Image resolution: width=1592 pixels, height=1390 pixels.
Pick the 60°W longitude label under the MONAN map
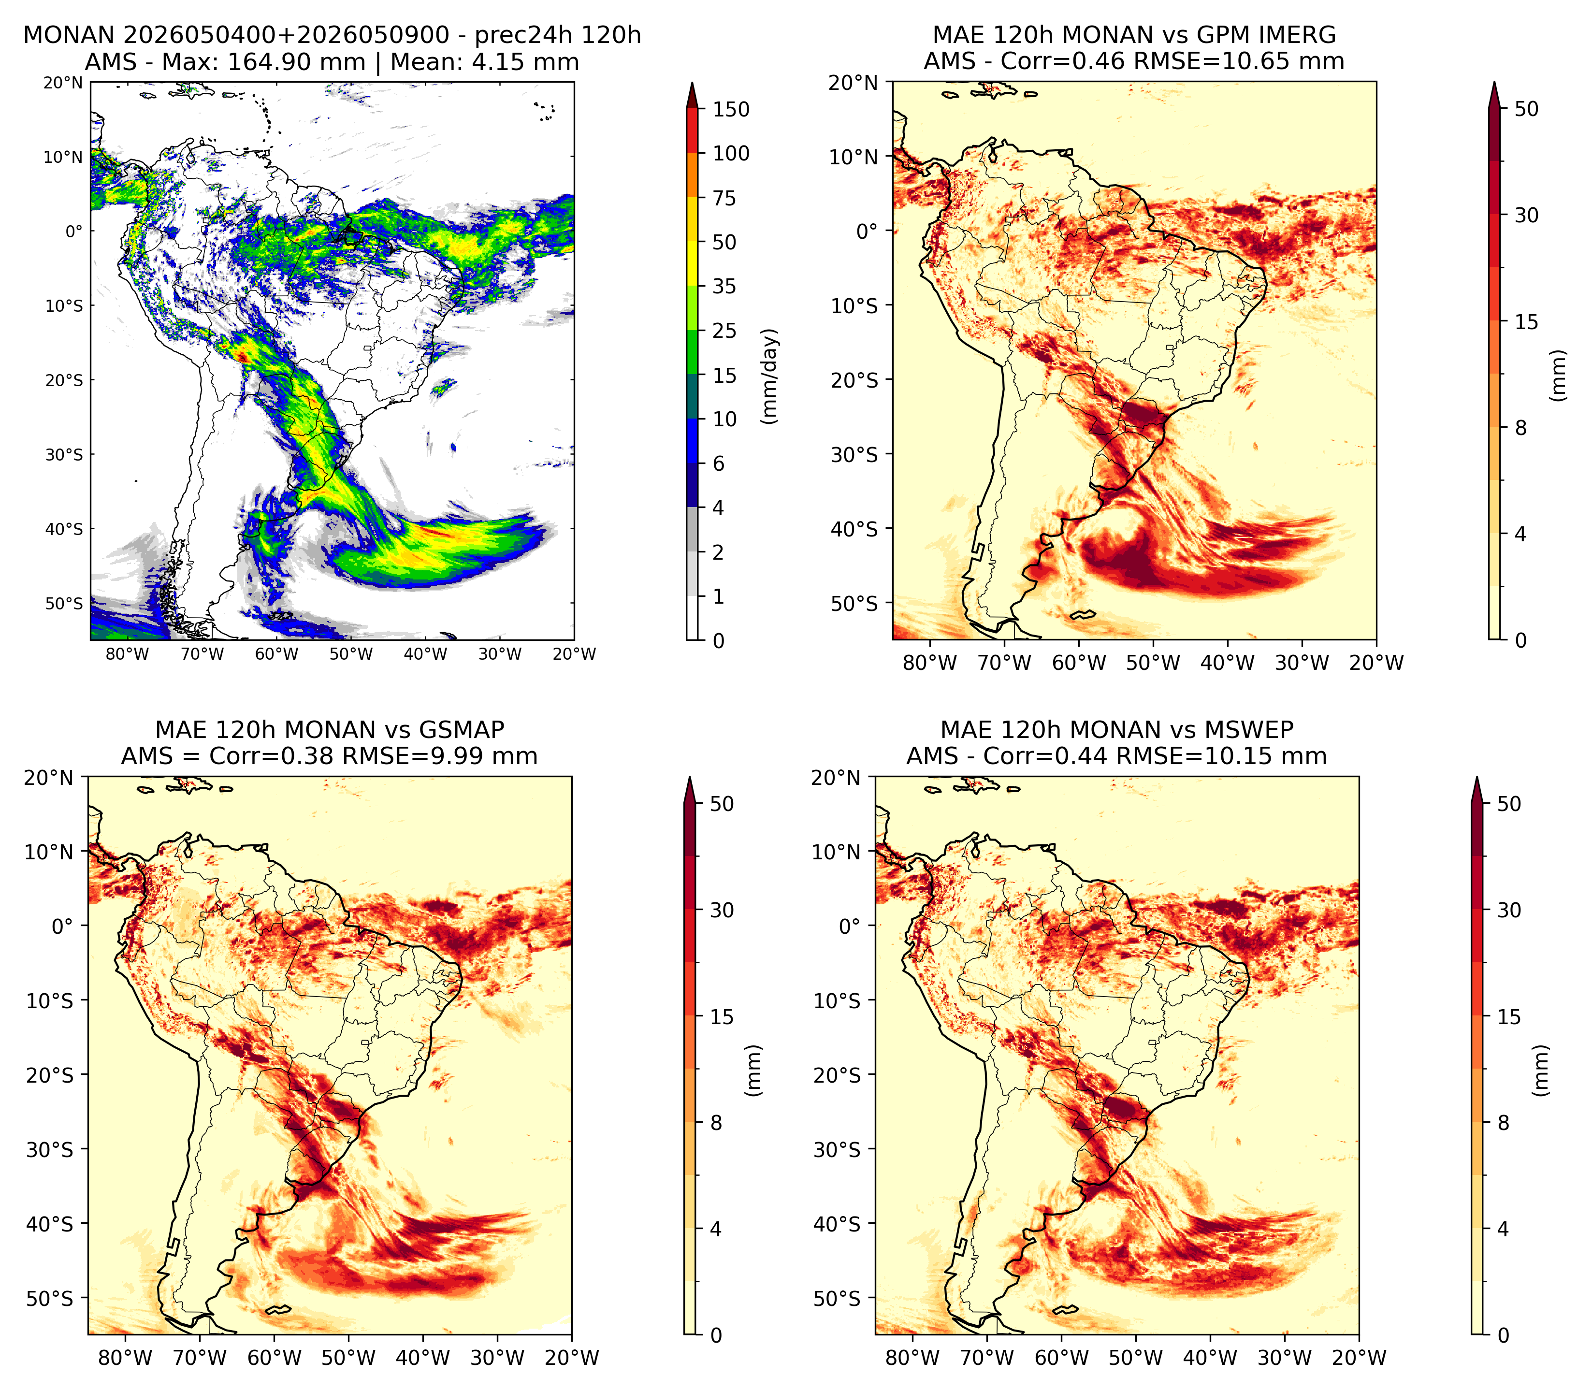[x=277, y=654]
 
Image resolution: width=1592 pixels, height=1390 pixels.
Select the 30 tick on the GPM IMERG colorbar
[x=1526, y=215]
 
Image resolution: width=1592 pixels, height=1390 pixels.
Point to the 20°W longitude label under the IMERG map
[x=1376, y=663]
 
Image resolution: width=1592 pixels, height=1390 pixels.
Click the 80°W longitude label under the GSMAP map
[x=126, y=1358]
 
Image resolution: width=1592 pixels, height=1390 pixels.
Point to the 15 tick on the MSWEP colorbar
[x=1509, y=1017]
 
